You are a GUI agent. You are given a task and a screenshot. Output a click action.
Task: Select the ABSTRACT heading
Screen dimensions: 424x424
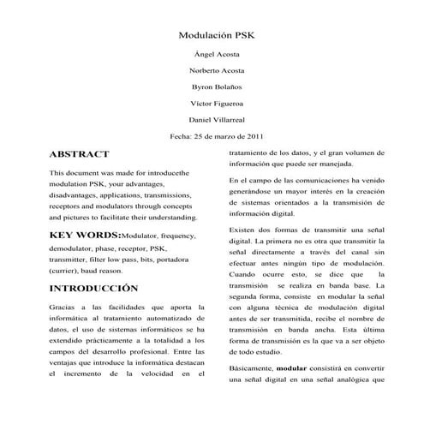click(x=80, y=155)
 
